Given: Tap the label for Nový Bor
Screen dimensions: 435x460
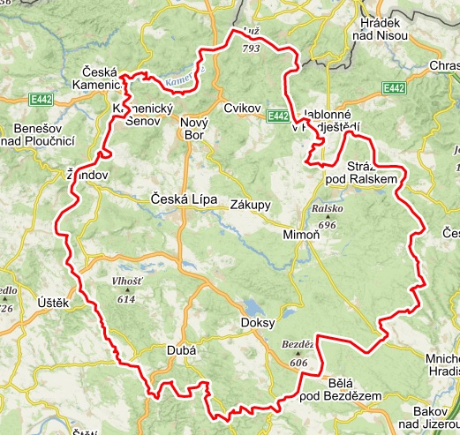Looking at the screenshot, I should (193, 129).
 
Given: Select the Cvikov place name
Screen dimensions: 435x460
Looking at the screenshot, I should (243, 109).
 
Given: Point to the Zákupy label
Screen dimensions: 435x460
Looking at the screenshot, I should (250, 205).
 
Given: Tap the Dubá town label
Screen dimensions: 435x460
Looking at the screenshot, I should (180, 350).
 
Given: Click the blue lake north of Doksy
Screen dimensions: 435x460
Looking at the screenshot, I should (253, 307).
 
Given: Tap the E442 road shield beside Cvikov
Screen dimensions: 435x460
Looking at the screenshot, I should (277, 116).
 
